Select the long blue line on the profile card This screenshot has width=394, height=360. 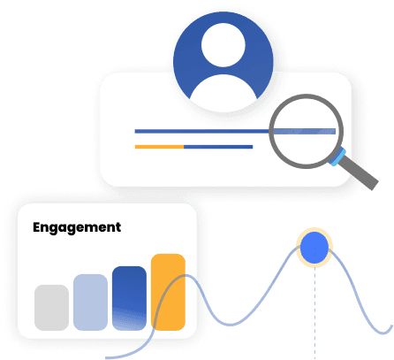click(203, 131)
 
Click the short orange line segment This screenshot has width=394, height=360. click(158, 145)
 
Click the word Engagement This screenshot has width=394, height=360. click(77, 227)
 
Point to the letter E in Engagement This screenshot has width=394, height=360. click(37, 227)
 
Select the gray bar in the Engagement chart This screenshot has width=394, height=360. click(51, 307)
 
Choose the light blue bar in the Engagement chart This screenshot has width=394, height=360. click(90, 302)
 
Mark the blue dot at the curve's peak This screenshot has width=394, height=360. click(314, 249)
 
